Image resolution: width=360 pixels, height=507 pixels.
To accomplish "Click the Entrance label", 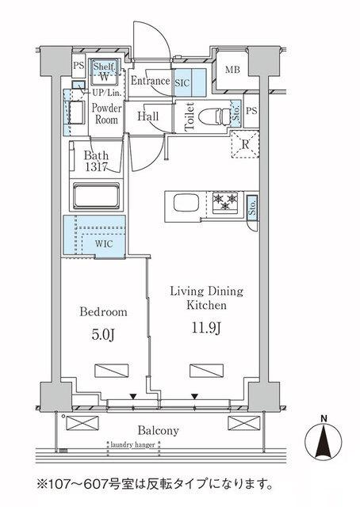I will [x=150, y=81].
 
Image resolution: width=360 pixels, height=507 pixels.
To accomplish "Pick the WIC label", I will [x=105, y=244].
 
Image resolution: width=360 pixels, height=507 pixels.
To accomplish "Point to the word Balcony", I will [x=156, y=431].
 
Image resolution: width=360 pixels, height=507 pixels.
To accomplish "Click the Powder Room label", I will [x=105, y=114].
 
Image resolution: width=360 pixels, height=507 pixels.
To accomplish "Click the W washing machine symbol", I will [x=104, y=78].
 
